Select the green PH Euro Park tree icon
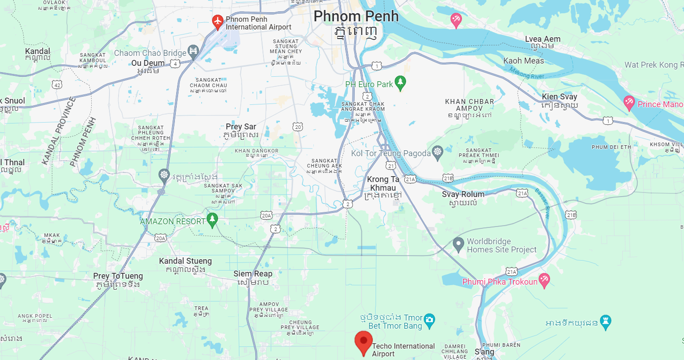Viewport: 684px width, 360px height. click(400, 82)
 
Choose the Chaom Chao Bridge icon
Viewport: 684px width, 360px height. click(193, 52)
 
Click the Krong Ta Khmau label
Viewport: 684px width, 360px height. click(383, 183)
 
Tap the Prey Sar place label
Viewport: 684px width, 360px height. click(241, 127)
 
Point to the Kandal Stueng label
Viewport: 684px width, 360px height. click(185, 261)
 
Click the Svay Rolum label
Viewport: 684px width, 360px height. click(463, 194)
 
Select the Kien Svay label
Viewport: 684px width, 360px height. click(559, 97)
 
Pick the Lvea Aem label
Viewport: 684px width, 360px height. click(542, 39)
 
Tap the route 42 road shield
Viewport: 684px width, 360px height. click(57, 85)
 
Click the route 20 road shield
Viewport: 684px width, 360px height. click(297, 127)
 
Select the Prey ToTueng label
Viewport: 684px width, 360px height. click(118, 276)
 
